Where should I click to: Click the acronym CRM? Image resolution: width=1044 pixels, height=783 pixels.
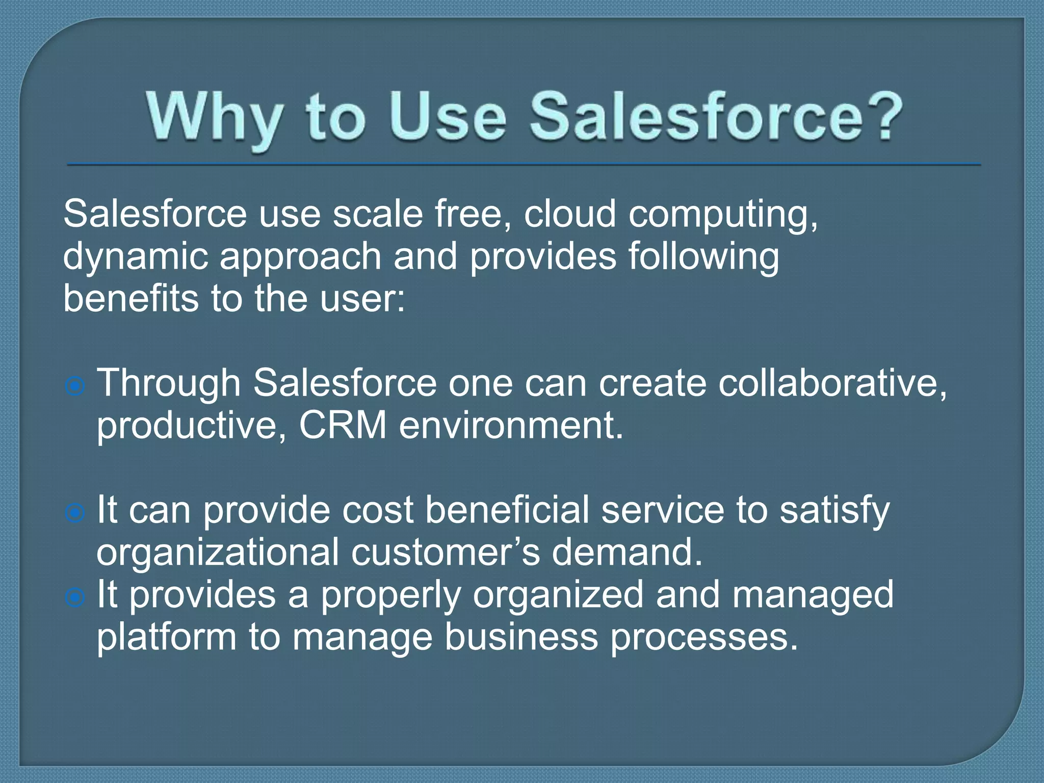[x=343, y=426]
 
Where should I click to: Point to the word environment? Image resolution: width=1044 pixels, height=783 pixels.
[x=511, y=426]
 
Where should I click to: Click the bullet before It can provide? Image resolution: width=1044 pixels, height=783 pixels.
[x=75, y=513]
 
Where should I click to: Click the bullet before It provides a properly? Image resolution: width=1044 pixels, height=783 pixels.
[x=75, y=597]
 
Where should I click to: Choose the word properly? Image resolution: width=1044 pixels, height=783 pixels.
[x=390, y=596]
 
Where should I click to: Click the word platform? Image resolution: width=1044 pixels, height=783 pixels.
[x=167, y=638]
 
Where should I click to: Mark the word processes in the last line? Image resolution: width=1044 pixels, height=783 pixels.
[x=703, y=639]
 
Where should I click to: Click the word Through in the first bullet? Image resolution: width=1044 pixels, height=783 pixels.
[x=169, y=383]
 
